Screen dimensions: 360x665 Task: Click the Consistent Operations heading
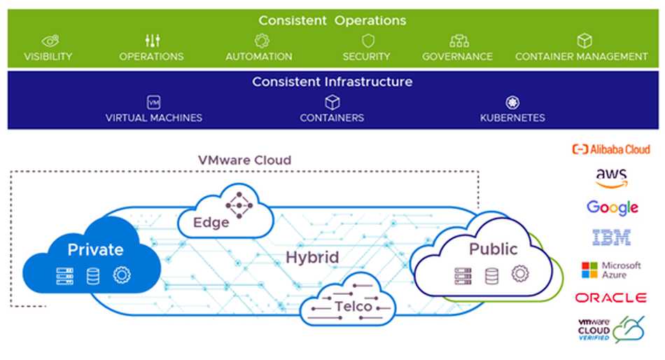pos(332,20)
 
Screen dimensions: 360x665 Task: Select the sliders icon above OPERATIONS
pos(152,41)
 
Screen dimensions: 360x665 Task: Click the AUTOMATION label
pos(258,57)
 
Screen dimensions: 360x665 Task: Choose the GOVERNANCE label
pos(457,57)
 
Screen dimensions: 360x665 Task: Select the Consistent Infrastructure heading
pos(332,82)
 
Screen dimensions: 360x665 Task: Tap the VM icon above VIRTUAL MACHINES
pos(154,102)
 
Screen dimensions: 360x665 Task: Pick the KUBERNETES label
pos(512,118)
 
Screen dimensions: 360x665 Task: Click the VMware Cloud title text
pos(245,160)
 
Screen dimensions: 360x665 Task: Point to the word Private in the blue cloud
pos(95,249)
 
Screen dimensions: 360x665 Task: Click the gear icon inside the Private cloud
pos(122,275)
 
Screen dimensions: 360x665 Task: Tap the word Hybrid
pos(312,257)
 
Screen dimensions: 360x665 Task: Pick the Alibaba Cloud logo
pos(611,149)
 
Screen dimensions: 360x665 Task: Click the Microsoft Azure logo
pos(611,270)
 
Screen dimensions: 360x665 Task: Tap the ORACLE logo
pos(611,298)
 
